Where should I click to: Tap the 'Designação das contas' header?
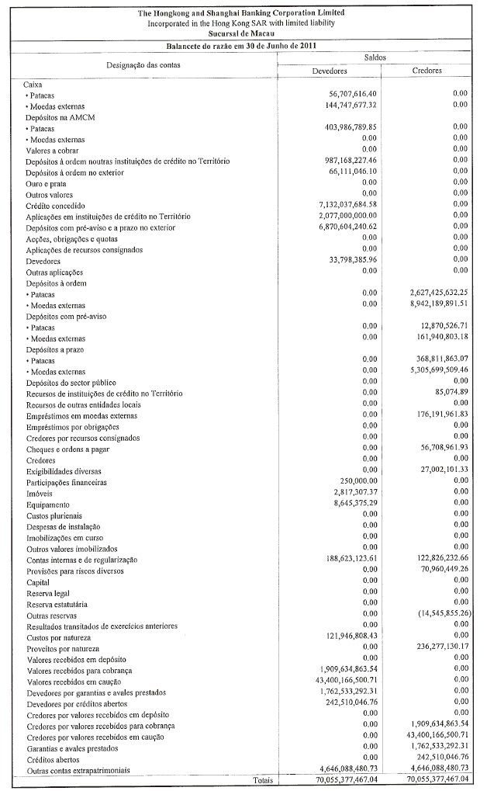click(x=143, y=64)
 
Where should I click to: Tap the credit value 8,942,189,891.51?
click(x=430, y=305)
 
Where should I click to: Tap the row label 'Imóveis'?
click(x=40, y=494)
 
